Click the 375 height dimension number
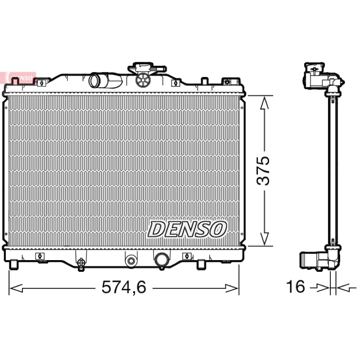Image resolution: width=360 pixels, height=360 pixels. click(x=263, y=171)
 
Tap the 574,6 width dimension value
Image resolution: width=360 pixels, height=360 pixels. click(x=124, y=287)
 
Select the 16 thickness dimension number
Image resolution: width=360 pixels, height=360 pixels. click(x=295, y=287)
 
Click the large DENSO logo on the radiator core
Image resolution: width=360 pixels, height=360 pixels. click(x=187, y=229)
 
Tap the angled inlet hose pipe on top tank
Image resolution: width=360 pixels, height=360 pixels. click(x=105, y=80)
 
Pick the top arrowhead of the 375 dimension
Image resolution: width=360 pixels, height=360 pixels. click(x=265, y=103)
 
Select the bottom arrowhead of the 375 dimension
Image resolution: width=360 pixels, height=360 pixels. click(x=265, y=238)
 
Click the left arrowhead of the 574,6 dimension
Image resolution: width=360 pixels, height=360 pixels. click(x=16, y=288)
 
